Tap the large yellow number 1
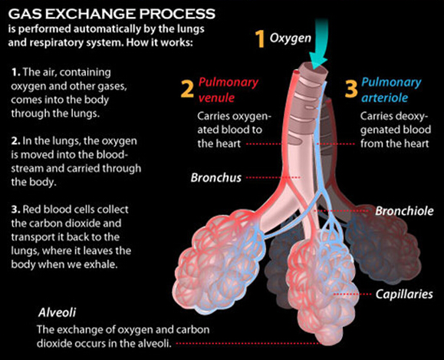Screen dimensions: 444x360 pyautogui.click(x=260, y=39)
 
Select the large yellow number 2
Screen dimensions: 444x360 pyautogui.click(x=187, y=89)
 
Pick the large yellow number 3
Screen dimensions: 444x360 pyautogui.click(x=351, y=89)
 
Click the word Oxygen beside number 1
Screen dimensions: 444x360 pyautogui.click(x=290, y=38)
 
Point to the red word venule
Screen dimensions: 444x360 pyautogui.click(x=216, y=98)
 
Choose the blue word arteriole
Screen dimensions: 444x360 pyautogui.click(x=385, y=97)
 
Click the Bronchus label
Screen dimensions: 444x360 pyautogui.click(x=215, y=178)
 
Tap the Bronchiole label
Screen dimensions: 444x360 pyautogui.click(x=404, y=211)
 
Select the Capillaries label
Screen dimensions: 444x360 pyautogui.click(x=404, y=294)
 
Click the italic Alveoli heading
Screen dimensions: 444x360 pyautogui.click(x=57, y=312)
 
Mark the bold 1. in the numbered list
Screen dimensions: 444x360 pyautogui.click(x=16, y=73)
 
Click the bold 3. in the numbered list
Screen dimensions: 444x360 pyautogui.click(x=16, y=210)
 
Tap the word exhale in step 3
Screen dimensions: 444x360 pyautogui.click(x=103, y=264)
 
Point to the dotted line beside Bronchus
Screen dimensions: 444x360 pyautogui.click(x=273, y=178)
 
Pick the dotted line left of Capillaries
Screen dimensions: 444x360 pyautogui.click(x=352, y=294)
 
